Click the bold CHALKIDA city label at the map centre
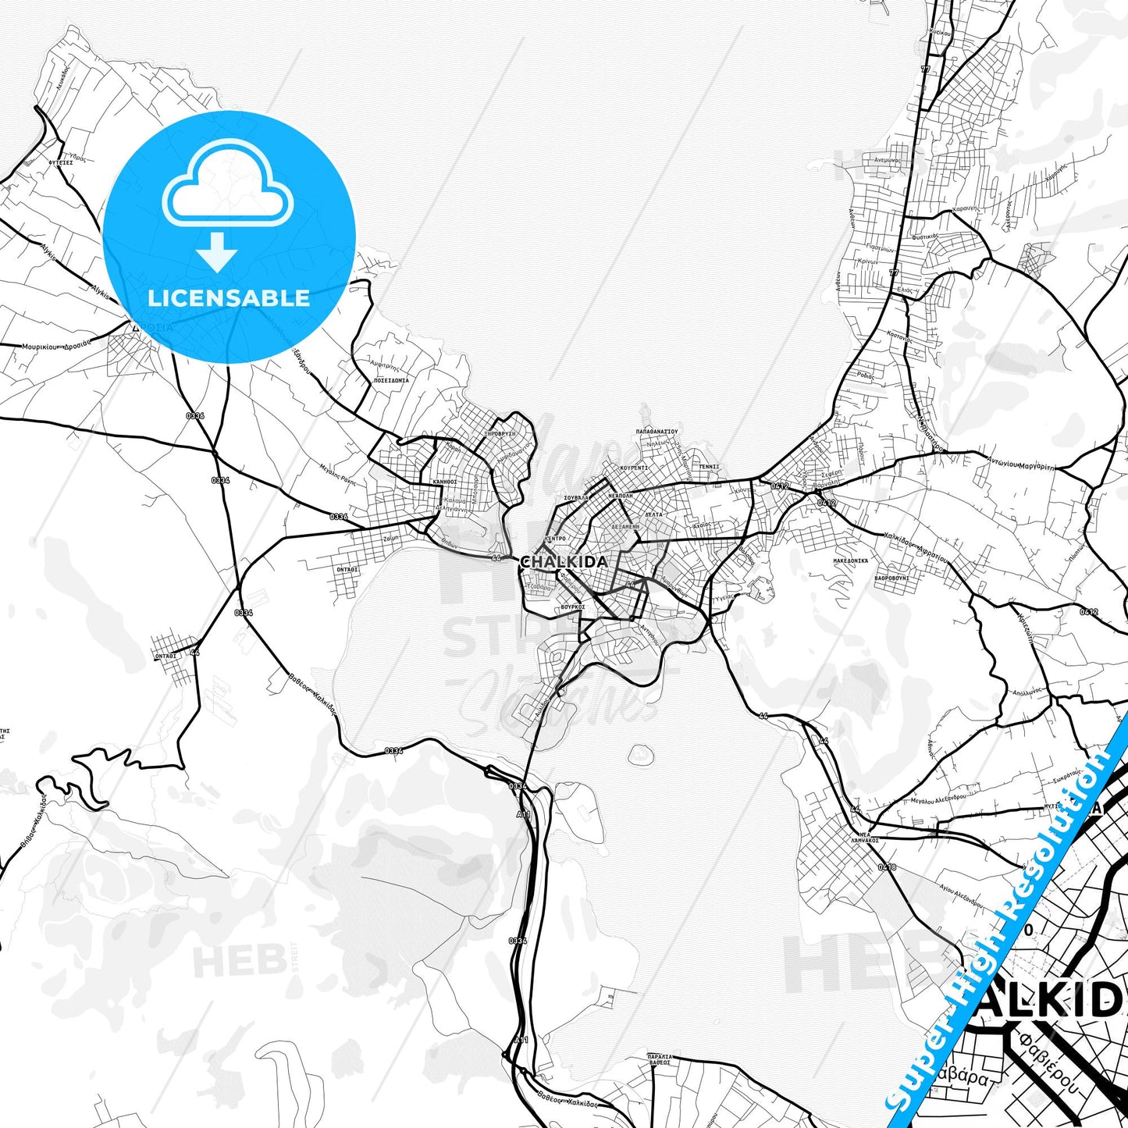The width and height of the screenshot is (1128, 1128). coord(564,562)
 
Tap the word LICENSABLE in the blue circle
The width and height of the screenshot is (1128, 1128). coord(229,298)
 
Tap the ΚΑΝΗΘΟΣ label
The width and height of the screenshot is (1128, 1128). coord(445,482)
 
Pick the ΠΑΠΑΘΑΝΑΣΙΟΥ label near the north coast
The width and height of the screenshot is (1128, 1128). coord(657,431)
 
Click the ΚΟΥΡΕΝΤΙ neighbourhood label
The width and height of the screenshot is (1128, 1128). coord(634,468)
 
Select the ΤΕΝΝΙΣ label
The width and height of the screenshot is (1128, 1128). coord(709,467)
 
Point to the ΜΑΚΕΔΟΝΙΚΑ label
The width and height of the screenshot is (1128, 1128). coord(850,560)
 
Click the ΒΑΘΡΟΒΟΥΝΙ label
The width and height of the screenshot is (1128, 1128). coord(891,578)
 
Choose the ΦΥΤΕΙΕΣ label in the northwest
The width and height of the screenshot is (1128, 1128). coord(60,162)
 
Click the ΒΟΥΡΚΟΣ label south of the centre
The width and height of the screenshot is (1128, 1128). coord(572,606)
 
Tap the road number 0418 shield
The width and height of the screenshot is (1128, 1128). coord(887,866)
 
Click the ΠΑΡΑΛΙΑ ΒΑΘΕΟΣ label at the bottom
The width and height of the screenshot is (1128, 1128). coord(659,1059)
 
